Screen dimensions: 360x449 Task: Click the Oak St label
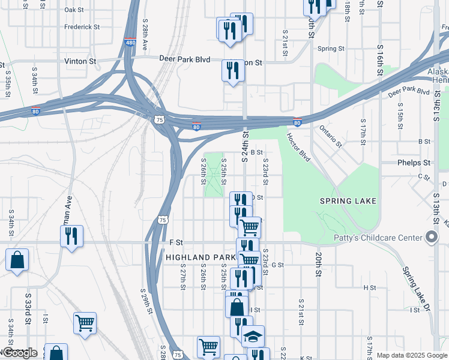(74, 10)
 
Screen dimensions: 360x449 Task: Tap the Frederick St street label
(82, 27)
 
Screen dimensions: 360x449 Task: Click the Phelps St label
(414, 163)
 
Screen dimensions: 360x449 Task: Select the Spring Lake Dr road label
(417, 290)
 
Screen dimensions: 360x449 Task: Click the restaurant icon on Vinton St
(232, 71)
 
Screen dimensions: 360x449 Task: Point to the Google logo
(19, 353)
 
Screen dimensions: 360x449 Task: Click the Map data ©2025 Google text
(411, 355)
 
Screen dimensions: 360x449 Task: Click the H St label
(369, 288)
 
